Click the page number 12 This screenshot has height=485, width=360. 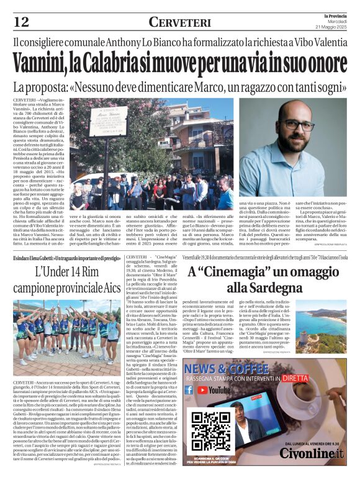[21, 22]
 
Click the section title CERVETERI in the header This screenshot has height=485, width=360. [180, 22]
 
